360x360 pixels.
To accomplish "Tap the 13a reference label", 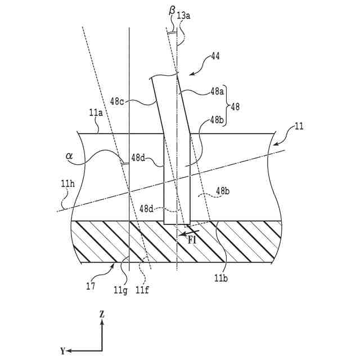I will click(183, 16).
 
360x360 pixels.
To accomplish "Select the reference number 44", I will click(215, 56).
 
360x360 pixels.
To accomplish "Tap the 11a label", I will click(95, 114).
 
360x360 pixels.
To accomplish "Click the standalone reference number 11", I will click(299, 127).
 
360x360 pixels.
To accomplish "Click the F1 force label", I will click(192, 240).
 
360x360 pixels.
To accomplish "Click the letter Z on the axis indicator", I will click(102, 315).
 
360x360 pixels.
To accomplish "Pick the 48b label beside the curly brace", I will click(218, 120).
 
